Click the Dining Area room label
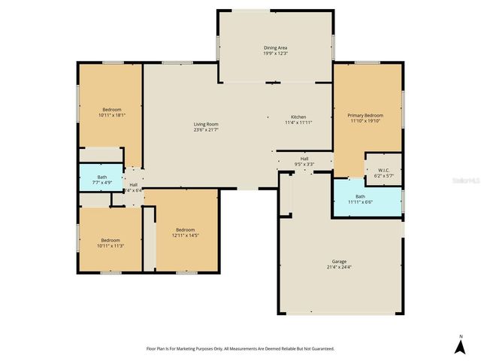pos(276,48)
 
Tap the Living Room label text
pos(206,124)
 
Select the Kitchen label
pos(298,117)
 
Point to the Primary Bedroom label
pos(366,115)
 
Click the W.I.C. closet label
pos(383,170)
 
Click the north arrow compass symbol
pos(460,345)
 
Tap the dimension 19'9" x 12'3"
pos(276,54)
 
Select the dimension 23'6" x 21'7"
pos(206,130)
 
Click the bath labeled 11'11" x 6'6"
pos(360,199)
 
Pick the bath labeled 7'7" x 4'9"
pos(101,179)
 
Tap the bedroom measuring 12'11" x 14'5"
pos(186,232)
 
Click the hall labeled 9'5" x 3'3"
pos(304,161)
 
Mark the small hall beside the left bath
pos(134,187)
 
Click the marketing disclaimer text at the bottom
pos(240,348)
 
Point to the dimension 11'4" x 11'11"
pos(298,123)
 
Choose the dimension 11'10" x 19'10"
pos(366,121)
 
